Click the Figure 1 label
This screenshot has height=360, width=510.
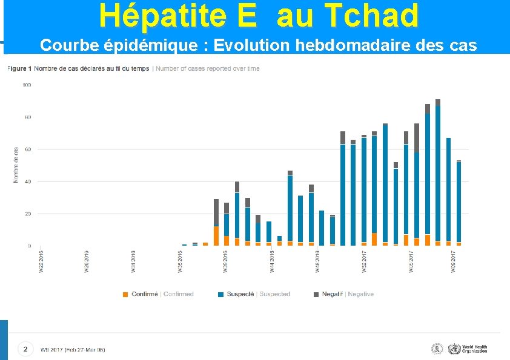point(20,68)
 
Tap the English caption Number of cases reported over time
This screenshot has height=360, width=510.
point(208,68)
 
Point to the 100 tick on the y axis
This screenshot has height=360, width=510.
point(27,85)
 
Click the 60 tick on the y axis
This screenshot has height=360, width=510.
point(28,149)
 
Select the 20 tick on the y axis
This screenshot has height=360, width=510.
point(28,214)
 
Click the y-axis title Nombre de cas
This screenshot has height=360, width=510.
point(16,165)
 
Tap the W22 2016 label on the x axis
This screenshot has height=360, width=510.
point(41,263)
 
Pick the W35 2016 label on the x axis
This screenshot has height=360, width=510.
point(180,263)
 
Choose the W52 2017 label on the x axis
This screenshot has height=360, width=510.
point(364,263)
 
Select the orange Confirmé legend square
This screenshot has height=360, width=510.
point(125,295)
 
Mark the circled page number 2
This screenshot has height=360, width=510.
point(25,349)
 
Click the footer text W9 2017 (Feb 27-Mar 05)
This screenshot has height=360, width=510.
point(73,350)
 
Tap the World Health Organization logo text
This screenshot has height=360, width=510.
point(474,349)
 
